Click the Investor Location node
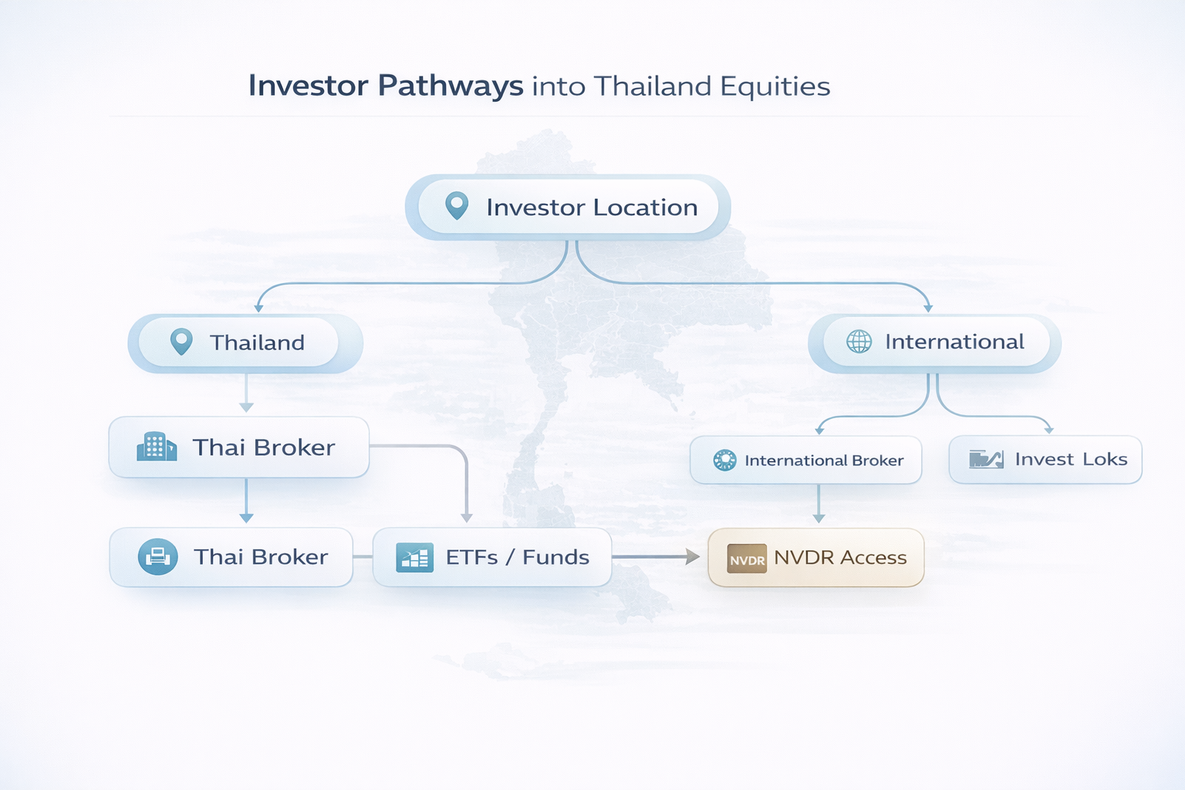pyautogui.click(x=568, y=207)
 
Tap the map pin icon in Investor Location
pyautogui.click(x=457, y=205)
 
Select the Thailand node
pyautogui.click(x=245, y=343)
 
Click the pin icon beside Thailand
pyautogui.click(x=181, y=342)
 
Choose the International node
pyautogui.click(x=934, y=343)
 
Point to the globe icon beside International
pyautogui.click(x=859, y=341)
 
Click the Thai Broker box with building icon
pyautogui.click(x=239, y=447)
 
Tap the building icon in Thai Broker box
pyautogui.click(x=157, y=447)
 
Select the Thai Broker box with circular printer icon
pyautogui.click(x=231, y=557)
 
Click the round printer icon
pyautogui.click(x=157, y=557)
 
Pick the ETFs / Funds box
pyautogui.click(x=492, y=557)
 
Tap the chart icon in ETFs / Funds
pyautogui.click(x=415, y=558)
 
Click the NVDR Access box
pyautogui.click(x=816, y=558)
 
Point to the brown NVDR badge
pyautogui.click(x=747, y=559)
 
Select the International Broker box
pyautogui.click(x=806, y=460)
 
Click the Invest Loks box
pyautogui.click(x=1045, y=459)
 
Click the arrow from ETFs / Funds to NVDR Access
pyautogui.click(x=656, y=557)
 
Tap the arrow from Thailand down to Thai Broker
pyautogui.click(x=246, y=393)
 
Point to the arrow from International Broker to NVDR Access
pyautogui.click(x=819, y=504)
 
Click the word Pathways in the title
pyautogui.click(x=451, y=86)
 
